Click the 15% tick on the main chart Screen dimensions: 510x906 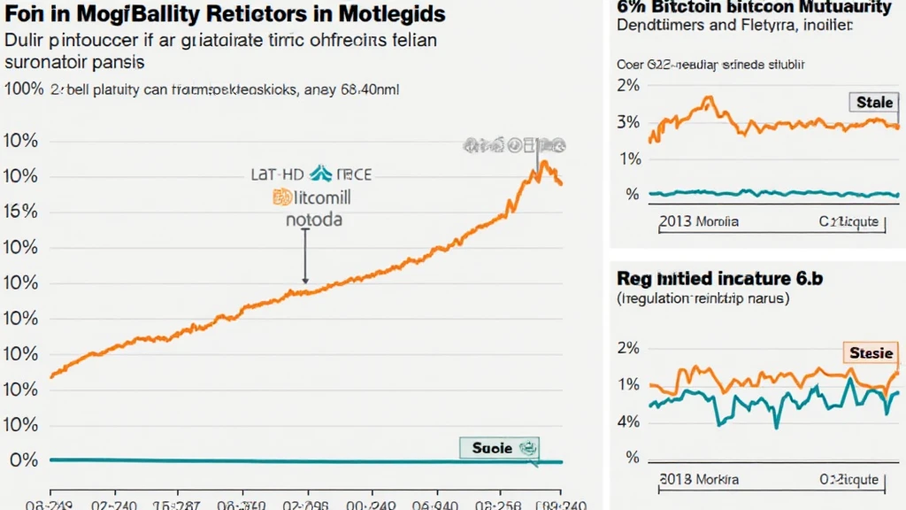[20, 212]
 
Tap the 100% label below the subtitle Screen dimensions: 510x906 [23, 89]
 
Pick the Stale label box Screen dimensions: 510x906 [874, 103]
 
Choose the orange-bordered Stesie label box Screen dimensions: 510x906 [871, 353]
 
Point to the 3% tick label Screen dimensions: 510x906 [629, 121]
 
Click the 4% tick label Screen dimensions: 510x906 [629, 421]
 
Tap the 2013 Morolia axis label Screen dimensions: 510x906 [699, 221]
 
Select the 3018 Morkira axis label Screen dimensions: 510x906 [699, 479]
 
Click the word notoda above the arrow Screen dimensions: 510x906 [313, 218]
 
